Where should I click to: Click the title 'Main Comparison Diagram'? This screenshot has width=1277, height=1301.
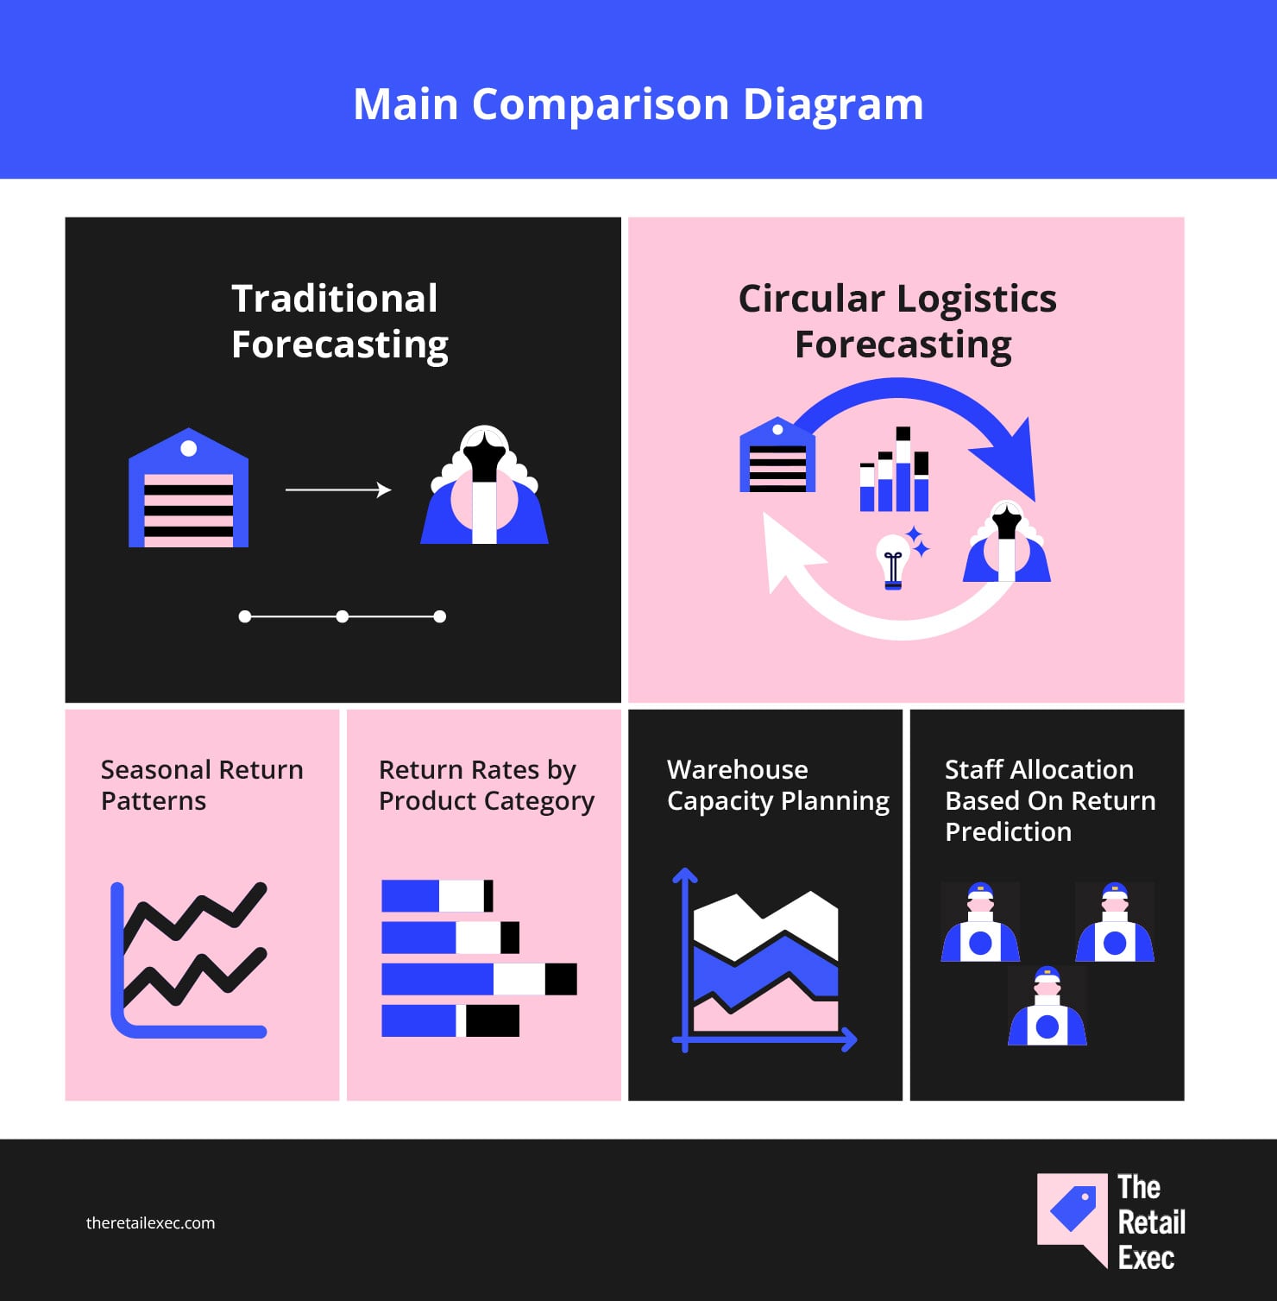(638, 105)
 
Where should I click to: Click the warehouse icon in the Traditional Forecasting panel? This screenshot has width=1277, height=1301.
(188, 488)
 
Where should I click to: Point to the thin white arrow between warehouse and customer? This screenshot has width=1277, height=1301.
(338, 490)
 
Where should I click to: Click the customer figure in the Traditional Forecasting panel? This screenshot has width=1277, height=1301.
(484, 485)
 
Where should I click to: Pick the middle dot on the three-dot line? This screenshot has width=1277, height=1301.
(343, 616)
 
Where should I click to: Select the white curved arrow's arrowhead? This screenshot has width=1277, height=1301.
(789, 553)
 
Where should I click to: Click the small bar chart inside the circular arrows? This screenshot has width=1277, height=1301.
(894, 469)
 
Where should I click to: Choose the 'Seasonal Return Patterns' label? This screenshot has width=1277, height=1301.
(202, 785)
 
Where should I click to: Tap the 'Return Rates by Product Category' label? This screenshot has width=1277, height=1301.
(487, 785)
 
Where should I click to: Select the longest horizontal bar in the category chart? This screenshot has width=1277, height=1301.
(479, 979)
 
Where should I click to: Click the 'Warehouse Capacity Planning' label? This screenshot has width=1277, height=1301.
(778, 785)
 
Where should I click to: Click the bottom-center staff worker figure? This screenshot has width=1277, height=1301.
(1047, 1006)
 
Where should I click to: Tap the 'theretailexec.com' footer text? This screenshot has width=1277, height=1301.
(151, 1223)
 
